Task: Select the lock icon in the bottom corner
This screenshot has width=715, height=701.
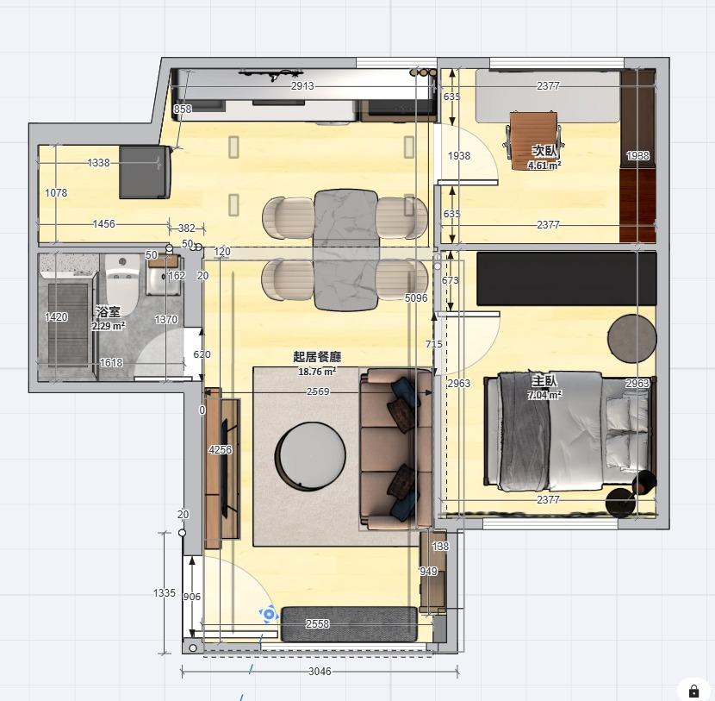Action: pos(693,691)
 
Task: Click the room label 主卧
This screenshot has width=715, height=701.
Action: pos(544,381)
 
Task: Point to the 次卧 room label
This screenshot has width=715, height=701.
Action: pos(544,151)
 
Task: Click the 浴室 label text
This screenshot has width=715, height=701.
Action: pos(108,312)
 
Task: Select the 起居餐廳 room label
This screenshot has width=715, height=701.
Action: pos(317,357)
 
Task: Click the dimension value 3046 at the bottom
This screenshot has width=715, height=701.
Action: pos(320,672)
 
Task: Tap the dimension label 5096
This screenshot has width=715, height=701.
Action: pos(416,298)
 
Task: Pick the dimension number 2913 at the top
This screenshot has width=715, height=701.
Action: pos(302,86)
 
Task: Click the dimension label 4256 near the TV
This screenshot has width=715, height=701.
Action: pos(221,450)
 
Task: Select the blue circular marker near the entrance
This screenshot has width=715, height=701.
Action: pos(269,614)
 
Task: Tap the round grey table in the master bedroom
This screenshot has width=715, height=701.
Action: pos(632,338)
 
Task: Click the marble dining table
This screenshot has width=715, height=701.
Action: pos(345,249)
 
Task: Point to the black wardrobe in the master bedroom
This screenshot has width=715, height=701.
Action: pos(566,279)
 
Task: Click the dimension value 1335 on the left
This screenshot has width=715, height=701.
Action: pos(165,593)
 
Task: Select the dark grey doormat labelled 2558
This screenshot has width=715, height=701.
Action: pos(349,623)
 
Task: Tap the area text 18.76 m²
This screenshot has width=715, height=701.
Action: pos(317,372)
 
